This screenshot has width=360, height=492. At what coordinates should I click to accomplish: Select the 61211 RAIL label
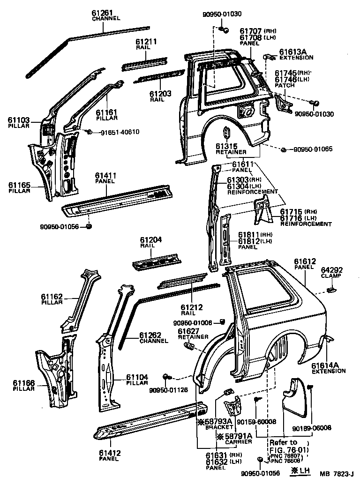pyautogui.click(x=146, y=44)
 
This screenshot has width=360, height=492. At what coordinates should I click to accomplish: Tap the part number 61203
pyautogui.click(x=160, y=94)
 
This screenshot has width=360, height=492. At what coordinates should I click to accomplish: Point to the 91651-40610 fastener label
pyautogui.click(x=120, y=132)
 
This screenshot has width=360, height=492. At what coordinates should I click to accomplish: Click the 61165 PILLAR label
pyautogui.click(x=19, y=188)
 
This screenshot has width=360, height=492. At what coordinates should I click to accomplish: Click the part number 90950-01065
pyautogui.click(x=313, y=149)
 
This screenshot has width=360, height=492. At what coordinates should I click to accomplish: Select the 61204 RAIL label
pyautogui.click(x=150, y=242)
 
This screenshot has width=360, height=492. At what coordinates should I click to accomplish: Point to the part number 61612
pyautogui.click(x=305, y=261)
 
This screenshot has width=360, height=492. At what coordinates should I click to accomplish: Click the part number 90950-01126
pyautogui.click(x=168, y=390)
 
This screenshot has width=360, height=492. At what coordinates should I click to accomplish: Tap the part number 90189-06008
pyautogui.click(x=311, y=427)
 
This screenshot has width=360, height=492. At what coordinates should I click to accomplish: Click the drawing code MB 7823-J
pyautogui.click(x=337, y=474)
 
